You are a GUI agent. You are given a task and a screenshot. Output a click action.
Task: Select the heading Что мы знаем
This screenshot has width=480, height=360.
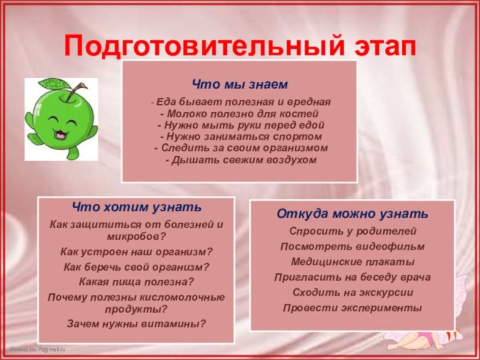point(240,85)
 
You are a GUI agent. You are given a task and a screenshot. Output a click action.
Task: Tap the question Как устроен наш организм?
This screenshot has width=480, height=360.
point(137,252)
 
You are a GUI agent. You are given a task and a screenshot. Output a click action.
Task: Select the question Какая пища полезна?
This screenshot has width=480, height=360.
point(137,282)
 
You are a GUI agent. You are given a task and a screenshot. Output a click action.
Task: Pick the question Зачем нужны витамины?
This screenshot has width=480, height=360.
point(137,323)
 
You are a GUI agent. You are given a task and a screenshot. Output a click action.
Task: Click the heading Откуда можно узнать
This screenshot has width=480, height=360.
point(353,215)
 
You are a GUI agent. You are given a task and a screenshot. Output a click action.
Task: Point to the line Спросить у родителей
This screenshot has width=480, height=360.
point(353,231)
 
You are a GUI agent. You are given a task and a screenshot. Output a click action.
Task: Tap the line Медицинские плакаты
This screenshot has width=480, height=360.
point(353,262)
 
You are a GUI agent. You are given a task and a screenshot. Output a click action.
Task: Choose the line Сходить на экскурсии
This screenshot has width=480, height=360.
point(353,293)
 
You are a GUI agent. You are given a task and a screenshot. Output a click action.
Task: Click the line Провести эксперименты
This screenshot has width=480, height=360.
point(353,308)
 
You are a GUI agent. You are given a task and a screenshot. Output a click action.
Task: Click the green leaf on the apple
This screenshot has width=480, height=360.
point(52,85)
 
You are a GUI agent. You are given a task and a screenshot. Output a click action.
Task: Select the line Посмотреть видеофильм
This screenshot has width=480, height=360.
point(353,247)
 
